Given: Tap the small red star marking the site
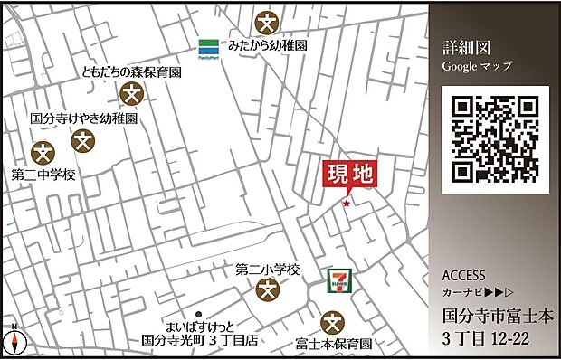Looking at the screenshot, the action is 345,204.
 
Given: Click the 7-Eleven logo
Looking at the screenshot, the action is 340,280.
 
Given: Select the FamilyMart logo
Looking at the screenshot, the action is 210,45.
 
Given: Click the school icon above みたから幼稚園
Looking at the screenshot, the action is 266,19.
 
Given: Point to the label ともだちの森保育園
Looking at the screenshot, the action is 131,72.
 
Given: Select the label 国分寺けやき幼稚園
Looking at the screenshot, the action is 83,118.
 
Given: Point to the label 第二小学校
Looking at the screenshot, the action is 267,270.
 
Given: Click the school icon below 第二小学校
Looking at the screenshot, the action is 267,290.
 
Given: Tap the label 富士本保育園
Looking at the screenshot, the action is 334,344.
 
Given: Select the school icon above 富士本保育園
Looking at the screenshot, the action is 333,322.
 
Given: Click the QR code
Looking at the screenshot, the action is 496,139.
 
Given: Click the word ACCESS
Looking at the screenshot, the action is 464,276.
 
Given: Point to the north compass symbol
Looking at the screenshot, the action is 15,341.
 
